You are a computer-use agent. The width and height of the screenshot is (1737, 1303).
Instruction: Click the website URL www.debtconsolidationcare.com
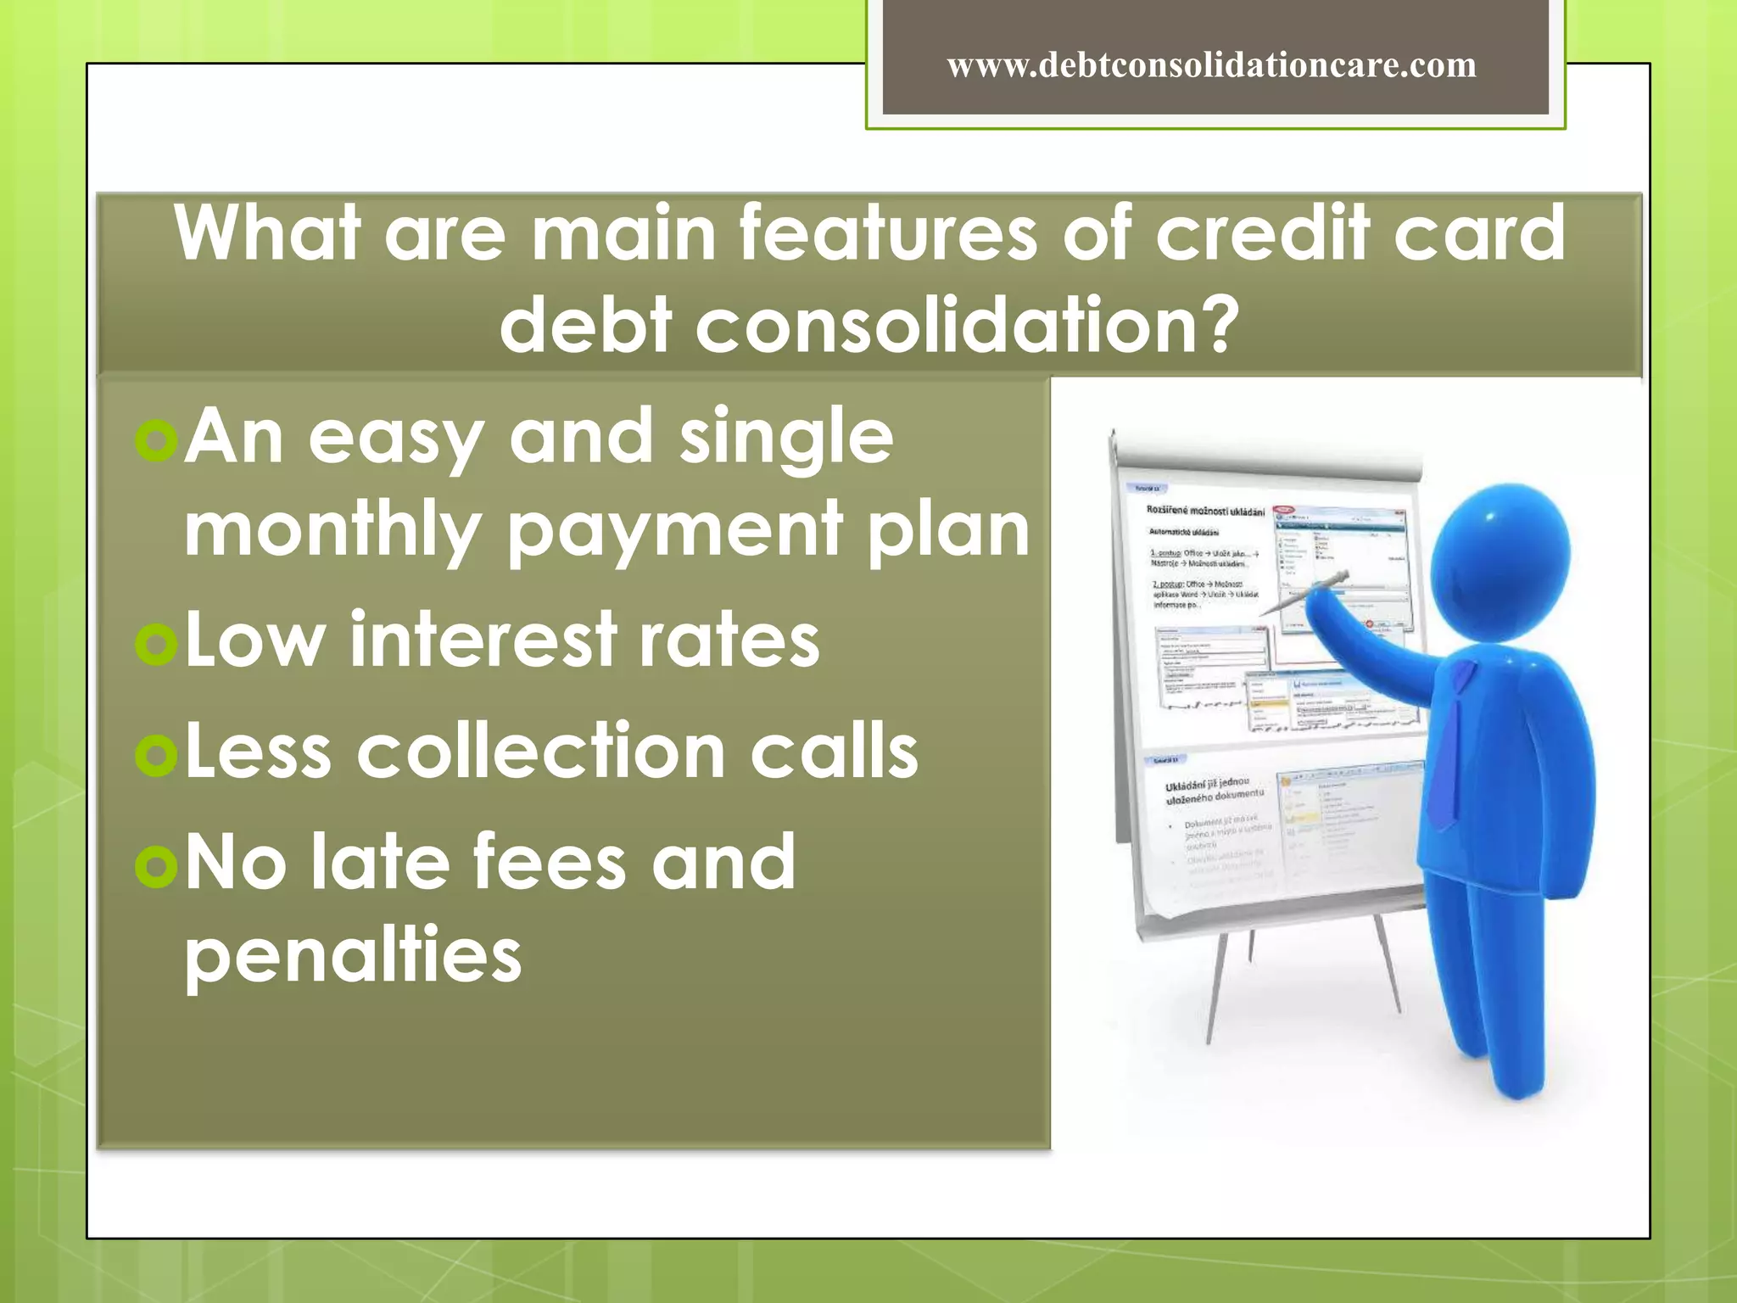tap(1211, 65)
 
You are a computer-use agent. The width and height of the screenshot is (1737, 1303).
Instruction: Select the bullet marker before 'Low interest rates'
tap(156, 643)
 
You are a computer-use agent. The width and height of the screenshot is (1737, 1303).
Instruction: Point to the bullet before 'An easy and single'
tap(156, 439)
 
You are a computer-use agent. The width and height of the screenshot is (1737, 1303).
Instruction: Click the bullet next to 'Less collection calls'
tap(156, 754)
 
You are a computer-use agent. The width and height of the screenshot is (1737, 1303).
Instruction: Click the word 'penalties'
tap(353, 957)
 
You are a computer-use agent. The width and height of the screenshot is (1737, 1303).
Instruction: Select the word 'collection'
tap(541, 752)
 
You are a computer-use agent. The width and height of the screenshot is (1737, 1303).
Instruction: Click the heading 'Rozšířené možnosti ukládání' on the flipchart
tap(1204, 511)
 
